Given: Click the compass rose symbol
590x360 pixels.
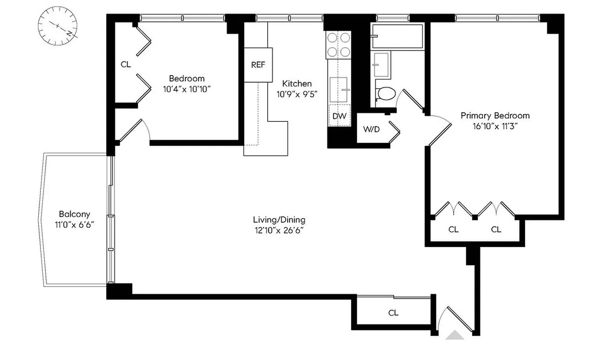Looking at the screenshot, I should [58, 27].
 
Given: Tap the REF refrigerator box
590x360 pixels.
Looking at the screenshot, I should [258, 64].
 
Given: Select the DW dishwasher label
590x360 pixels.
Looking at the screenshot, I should [339, 116].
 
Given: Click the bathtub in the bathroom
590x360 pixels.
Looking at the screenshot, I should [397, 36].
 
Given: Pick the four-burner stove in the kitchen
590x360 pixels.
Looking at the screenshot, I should [339, 45].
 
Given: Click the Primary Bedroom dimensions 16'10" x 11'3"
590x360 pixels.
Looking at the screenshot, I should [495, 126].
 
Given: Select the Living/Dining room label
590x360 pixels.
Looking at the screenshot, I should [279, 220].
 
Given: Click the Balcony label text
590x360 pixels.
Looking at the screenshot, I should [74, 214].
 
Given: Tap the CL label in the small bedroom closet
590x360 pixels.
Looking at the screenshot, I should [126, 64].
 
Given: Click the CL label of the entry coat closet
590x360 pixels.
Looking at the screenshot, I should [393, 313].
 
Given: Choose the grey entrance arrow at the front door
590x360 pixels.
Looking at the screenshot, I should [455, 335].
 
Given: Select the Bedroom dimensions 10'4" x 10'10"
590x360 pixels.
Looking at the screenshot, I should [187, 89].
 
